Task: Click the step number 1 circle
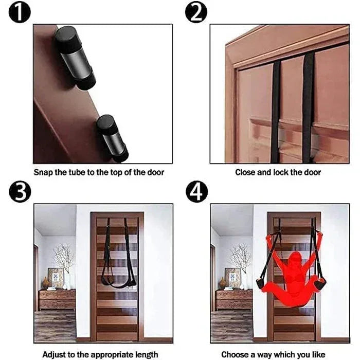(20, 12)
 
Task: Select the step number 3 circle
(20, 192)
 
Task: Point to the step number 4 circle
(196, 192)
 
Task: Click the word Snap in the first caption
(44, 172)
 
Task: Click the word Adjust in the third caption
(54, 354)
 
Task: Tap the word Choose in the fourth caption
(235, 354)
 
